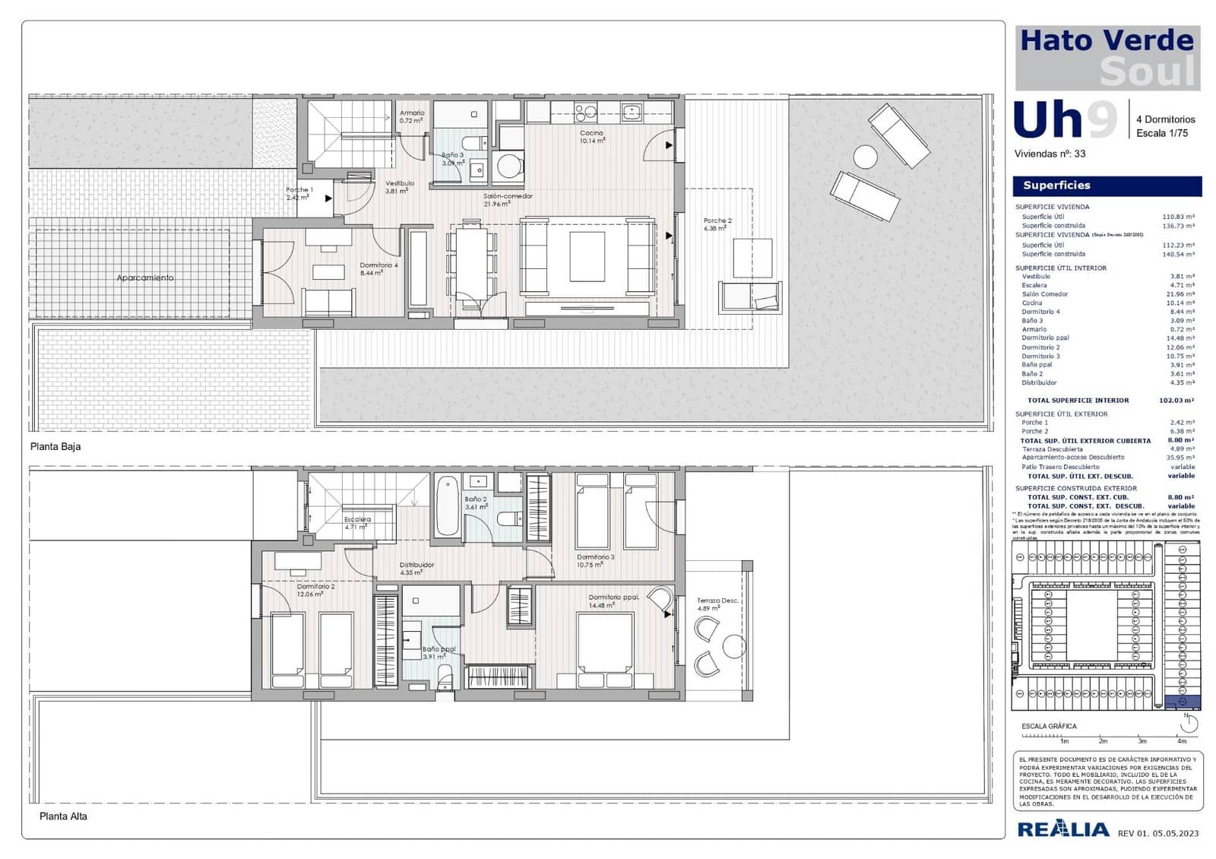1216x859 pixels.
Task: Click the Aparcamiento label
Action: (x=144, y=278)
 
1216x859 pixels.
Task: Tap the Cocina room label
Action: (x=591, y=134)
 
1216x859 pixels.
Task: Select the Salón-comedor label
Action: (x=508, y=197)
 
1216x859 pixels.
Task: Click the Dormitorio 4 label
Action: (x=378, y=266)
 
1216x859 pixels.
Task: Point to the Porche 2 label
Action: (x=717, y=221)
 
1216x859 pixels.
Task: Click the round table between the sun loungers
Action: (x=865, y=157)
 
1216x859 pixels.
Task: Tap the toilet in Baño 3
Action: (x=473, y=143)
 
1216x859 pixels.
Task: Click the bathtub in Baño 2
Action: (x=448, y=506)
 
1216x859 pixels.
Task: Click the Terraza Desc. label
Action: (x=717, y=601)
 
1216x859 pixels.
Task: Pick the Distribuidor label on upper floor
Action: (x=416, y=566)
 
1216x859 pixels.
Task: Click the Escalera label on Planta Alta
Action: (x=357, y=520)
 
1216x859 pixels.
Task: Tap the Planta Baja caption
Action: (x=55, y=447)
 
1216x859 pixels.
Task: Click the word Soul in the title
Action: (x=1148, y=72)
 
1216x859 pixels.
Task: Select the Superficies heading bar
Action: (x=1107, y=186)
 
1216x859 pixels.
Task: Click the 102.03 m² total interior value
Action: (x=1176, y=401)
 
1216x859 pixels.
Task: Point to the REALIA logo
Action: (x=1062, y=829)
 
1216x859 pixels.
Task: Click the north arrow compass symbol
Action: (x=1188, y=723)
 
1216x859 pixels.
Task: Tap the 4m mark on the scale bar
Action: (x=1181, y=740)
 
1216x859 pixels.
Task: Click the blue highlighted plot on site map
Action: (x=1182, y=702)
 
